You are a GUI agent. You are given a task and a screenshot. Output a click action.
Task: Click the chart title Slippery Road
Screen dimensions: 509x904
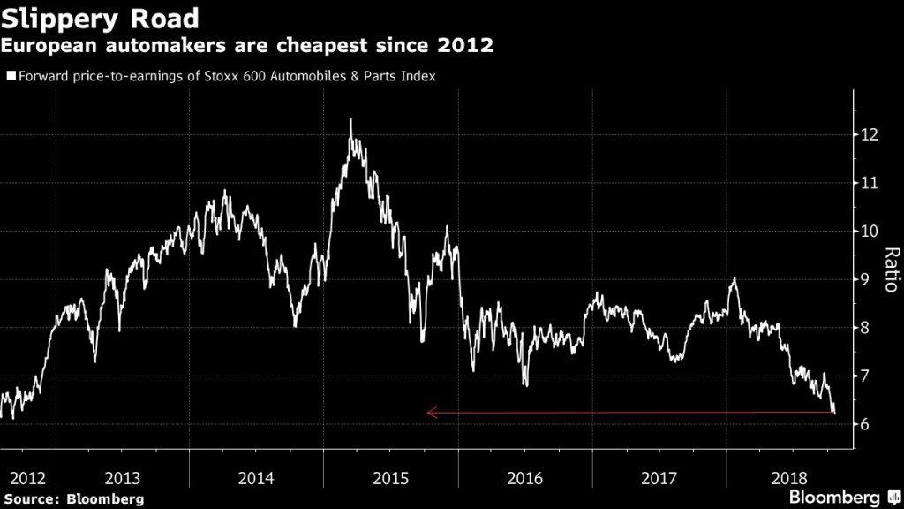pyautogui.click(x=99, y=17)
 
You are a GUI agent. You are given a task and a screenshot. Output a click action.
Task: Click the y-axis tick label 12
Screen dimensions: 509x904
pyautogui.click(x=872, y=135)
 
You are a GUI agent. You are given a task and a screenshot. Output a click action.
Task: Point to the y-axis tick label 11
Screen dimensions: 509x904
pyautogui.click(x=872, y=183)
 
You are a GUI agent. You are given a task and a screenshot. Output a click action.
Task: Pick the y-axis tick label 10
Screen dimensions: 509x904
pyautogui.click(x=872, y=232)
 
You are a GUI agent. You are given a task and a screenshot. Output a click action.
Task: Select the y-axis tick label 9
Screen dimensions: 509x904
pyautogui.click(x=867, y=280)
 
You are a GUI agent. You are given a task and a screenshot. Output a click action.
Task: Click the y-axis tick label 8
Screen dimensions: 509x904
pyautogui.click(x=867, y=328)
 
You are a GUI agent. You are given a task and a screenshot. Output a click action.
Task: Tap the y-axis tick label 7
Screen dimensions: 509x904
pyautogui.click(x=867, y=376)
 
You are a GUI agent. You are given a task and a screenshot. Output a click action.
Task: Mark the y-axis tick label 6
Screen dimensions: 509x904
pyautogui.click(x=867, y=424)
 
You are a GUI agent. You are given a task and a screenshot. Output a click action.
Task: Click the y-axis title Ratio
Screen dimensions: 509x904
pyautogui.click(x=891, y=270)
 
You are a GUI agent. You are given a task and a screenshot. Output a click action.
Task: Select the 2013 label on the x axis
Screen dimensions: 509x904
pyautogui.click(x=123, y=478)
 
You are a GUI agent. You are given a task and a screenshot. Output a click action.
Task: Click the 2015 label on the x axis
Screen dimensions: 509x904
pyautogui.click(x=391, y=478)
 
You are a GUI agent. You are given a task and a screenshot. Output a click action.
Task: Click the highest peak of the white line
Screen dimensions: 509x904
pyautogui.click(x=350, y=119)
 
